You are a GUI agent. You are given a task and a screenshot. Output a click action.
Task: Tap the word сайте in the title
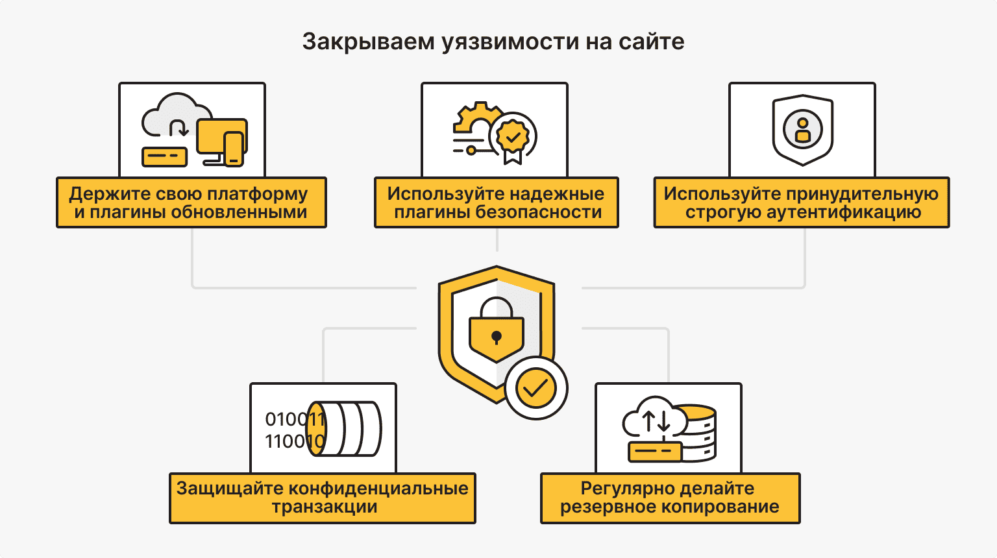[651, 42]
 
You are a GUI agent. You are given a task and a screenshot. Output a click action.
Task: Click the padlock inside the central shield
[497, 328]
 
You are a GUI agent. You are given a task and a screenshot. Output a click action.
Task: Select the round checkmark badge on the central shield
[536, 388]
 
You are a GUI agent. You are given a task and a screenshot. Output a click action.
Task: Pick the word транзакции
[324, 507]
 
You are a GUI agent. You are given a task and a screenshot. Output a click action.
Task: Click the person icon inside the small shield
[803, 130]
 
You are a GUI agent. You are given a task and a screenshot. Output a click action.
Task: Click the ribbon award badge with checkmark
[513, 138]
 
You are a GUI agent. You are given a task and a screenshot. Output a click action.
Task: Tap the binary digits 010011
[293, 420]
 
